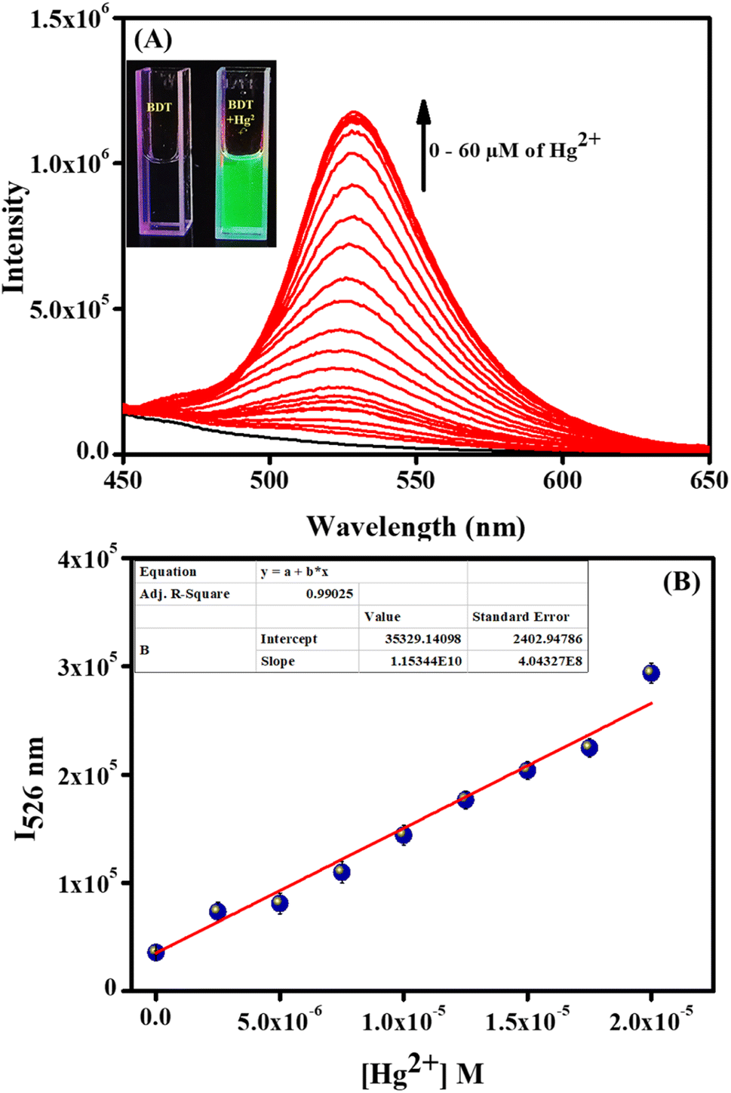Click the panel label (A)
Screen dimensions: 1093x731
(153, 38)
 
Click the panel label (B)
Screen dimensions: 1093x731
(681, 582)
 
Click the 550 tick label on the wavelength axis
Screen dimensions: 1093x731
(416, 480)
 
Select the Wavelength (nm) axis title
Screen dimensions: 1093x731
(415, 526)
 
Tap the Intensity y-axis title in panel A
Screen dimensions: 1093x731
(14, 237)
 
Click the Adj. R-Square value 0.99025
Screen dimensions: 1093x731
(329, 594)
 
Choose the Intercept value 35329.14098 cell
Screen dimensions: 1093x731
(422, 639)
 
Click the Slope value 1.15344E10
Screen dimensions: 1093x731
(422, 661)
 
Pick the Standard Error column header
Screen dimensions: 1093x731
(521, 616)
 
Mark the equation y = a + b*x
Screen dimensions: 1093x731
(294, 572)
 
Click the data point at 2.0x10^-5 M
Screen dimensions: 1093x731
(651, 673)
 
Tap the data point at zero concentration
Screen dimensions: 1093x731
(155, 952)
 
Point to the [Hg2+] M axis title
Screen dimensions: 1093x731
(422, 1070)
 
